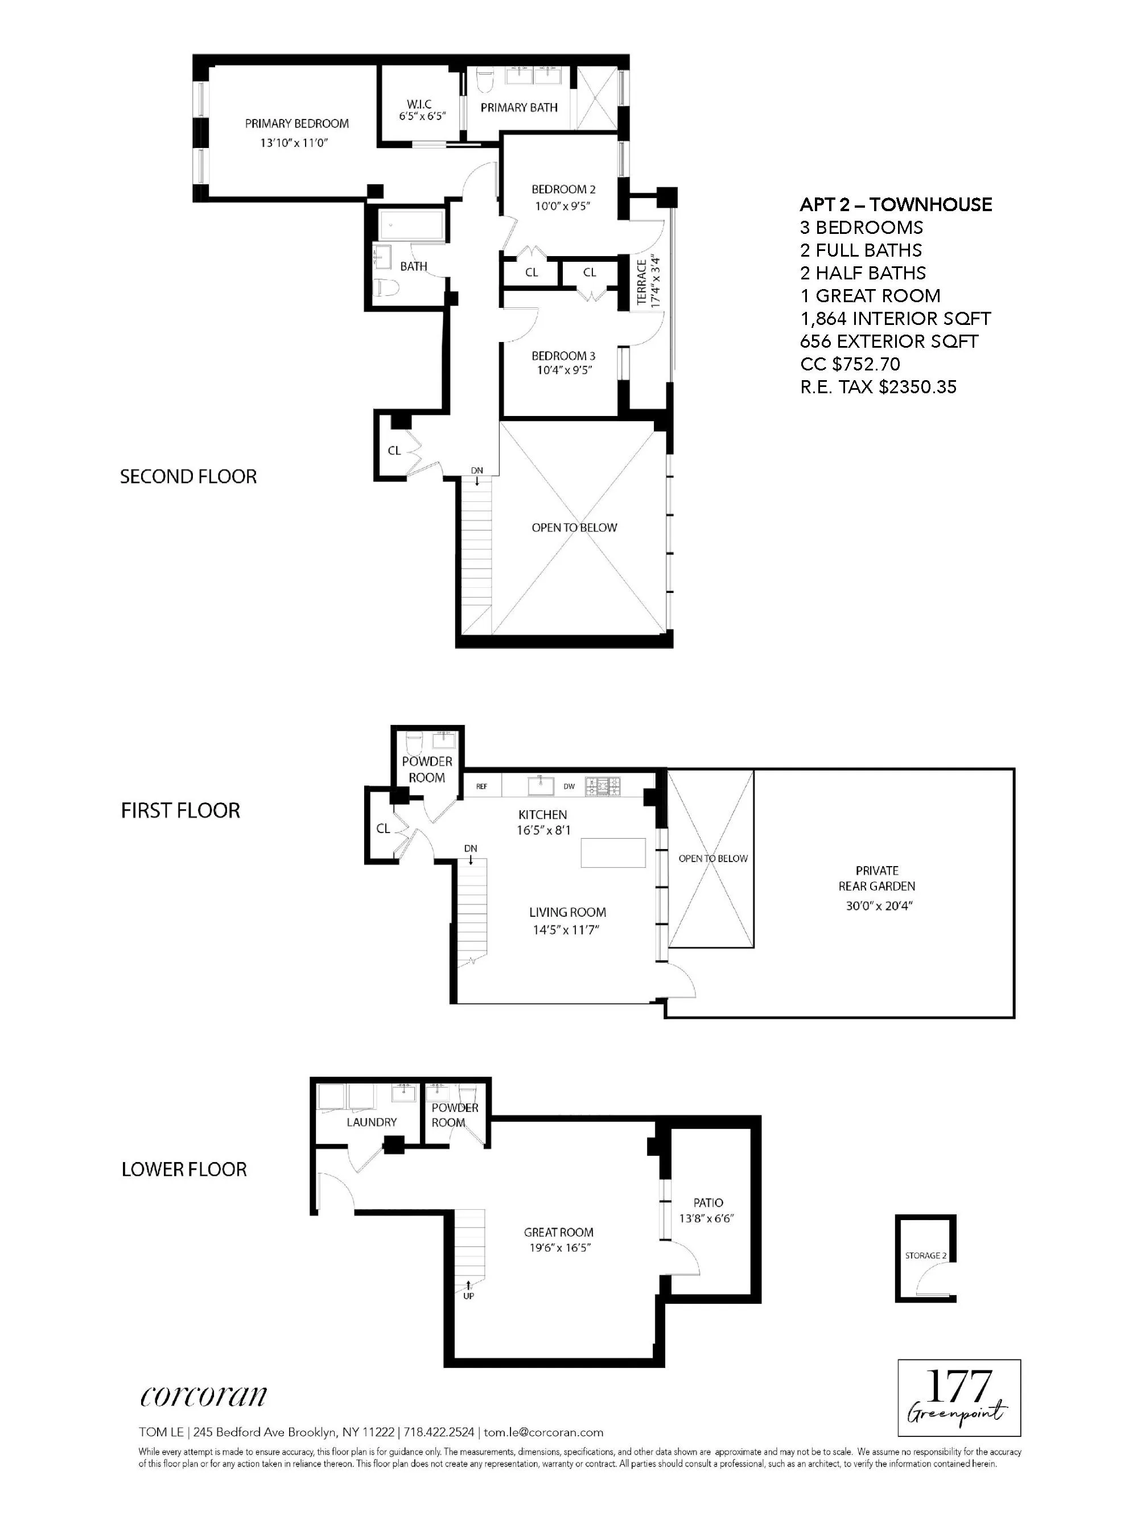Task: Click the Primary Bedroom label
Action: tap(296, 123)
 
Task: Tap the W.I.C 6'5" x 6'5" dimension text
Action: tap(422, 117)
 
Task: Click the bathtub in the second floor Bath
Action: tap(411, 225)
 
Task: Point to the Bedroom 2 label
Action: tap(563, 189)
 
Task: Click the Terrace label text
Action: tap(641, 282)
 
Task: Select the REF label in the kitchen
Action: tap(482, 786)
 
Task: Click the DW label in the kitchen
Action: tap(569, 786)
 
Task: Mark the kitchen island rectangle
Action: tap(613, 852)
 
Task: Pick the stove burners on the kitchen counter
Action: tap(603, 785)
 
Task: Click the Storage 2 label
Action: tap(925, 1255)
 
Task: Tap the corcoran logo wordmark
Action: tap(204, 1394)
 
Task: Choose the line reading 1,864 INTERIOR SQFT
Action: tap(895, 319)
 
